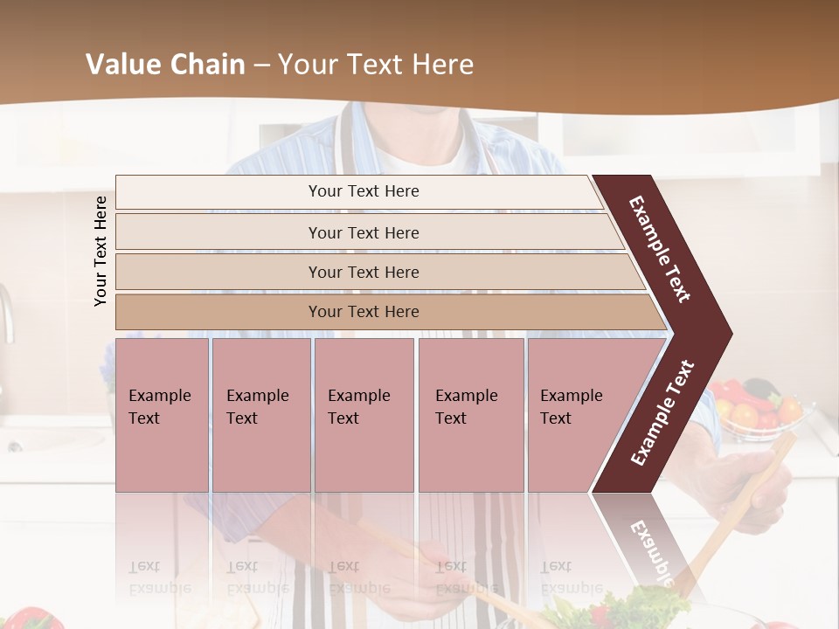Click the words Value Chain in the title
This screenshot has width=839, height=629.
click(165, 65)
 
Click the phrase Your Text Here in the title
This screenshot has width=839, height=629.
click(376, 65)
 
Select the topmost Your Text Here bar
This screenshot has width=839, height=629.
click(364, 191)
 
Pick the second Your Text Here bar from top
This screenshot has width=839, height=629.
click(364, 232)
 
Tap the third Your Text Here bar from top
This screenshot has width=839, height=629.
click(364, 272)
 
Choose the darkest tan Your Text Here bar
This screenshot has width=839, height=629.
click(364, 312)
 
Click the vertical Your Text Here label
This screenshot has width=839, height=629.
click(101, 251)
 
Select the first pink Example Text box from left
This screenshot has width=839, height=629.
click(162, 415)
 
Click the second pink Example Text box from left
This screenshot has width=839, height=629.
click(260, 415)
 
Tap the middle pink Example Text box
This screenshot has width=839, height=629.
click(364, 415)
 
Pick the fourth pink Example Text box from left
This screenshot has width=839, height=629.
click(470, 415)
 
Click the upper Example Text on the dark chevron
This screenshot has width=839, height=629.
click(661, 249)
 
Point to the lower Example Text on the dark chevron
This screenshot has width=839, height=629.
click(662, 413)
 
